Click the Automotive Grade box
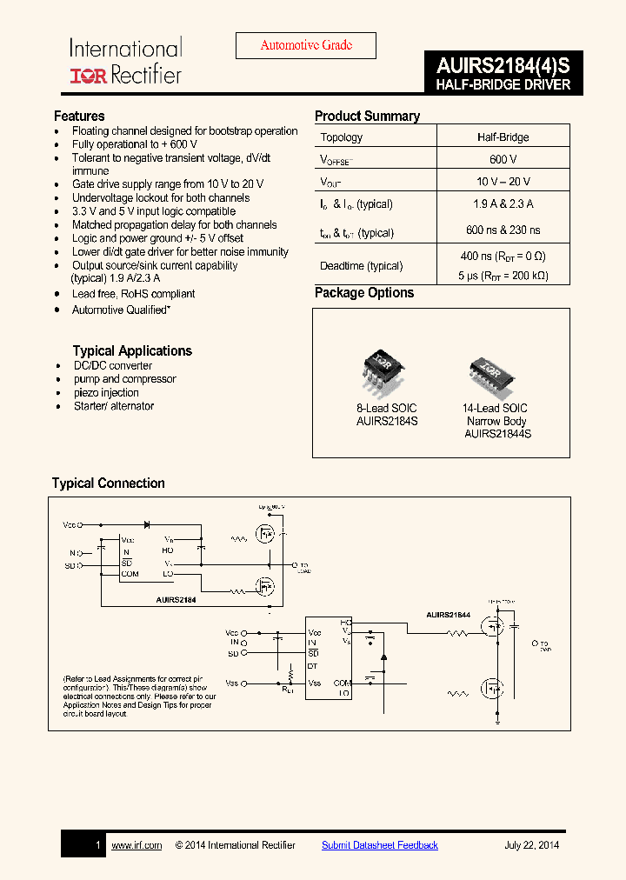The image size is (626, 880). click(x=306, y=46)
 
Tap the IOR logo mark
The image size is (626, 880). click(x=88, y=76)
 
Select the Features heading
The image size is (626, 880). click(x=79, y=116)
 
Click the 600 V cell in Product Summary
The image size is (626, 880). click(x=503, y=160)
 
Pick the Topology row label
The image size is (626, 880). click(x=342, y=137)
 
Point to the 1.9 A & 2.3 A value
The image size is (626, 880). click(x=503, y=204)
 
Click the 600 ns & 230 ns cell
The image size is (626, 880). click(x=503, y=230)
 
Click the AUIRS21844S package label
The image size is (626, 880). click(x=497, y=434)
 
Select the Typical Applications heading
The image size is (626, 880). click(x=132, y=350)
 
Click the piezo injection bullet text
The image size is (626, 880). click(x=106, y=393)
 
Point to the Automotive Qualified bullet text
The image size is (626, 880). click(x=121, y=310)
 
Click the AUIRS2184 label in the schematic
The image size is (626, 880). click(x=176, y=600)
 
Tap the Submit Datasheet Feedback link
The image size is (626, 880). click(x=380, y=845)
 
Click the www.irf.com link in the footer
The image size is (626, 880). click(x=137, y=845)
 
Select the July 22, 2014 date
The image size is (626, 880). click(x=531, y=845)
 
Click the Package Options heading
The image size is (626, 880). click(x=364, y=293)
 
